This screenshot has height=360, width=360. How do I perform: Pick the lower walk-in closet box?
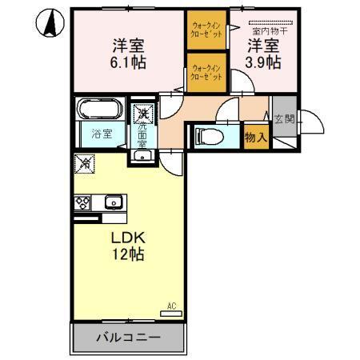click(x=207, y=73)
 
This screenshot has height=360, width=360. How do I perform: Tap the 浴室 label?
click(x=101, y=134)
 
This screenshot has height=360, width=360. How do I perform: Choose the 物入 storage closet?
click(x=256, y=138)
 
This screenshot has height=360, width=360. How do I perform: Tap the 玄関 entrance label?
click(x=284, y=120)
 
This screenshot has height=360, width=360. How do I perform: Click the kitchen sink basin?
click(x=111, y=202)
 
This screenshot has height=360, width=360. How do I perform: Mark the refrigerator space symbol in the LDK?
click(x=85, y=164)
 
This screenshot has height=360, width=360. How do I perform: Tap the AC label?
click(x=171, y=304)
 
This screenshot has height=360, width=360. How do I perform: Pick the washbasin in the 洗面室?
click(x=142, y=154)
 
